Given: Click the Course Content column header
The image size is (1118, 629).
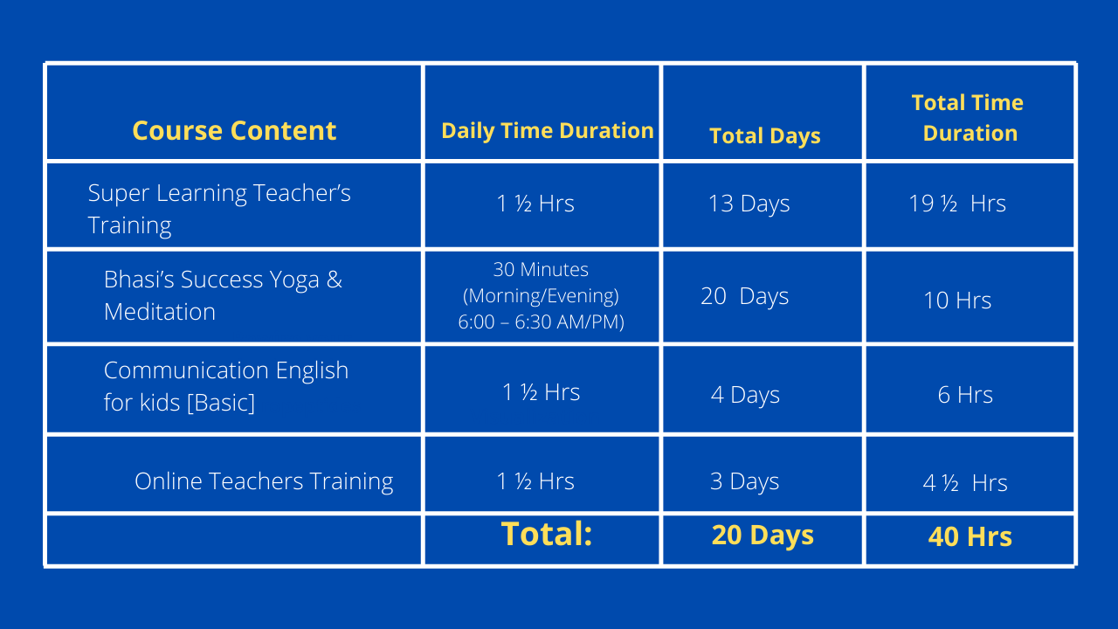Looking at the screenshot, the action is tap(234, 131).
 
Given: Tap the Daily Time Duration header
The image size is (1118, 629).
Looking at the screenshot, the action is tap(548, 131).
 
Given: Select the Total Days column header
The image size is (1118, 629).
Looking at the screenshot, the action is tap(764, 135).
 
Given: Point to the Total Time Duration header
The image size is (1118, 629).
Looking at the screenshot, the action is tap(969, 118).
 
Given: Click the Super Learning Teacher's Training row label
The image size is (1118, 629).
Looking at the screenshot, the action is tap(219, 209).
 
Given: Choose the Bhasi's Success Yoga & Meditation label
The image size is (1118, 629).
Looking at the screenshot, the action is tap(223, 295).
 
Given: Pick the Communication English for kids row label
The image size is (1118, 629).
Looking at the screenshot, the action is tap(226, 386).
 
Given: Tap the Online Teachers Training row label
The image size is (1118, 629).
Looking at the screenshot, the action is tap(264, 481).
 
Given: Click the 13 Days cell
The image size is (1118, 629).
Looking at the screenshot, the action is tap(749, 204).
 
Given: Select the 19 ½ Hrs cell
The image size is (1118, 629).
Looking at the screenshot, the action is tap(957, 204).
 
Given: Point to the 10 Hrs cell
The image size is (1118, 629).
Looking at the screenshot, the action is tap(957, 300).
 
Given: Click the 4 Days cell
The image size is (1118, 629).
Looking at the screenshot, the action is tap(745, 395).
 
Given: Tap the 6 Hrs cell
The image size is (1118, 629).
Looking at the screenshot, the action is tap(965, 394).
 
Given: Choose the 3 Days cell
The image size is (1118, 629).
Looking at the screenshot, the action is tap(744, 481).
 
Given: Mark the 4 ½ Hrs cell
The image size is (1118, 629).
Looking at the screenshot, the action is tap(965, 483).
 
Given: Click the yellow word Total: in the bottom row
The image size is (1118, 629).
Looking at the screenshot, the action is tap(547, 534).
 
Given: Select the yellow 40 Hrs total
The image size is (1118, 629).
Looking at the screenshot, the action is tap(970, 536).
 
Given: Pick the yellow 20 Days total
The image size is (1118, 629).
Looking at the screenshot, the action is tap(763, 536).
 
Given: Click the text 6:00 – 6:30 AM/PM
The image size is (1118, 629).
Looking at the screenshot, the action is tap(541, 322).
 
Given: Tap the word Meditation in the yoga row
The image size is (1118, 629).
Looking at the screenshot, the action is tap(160, 312).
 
